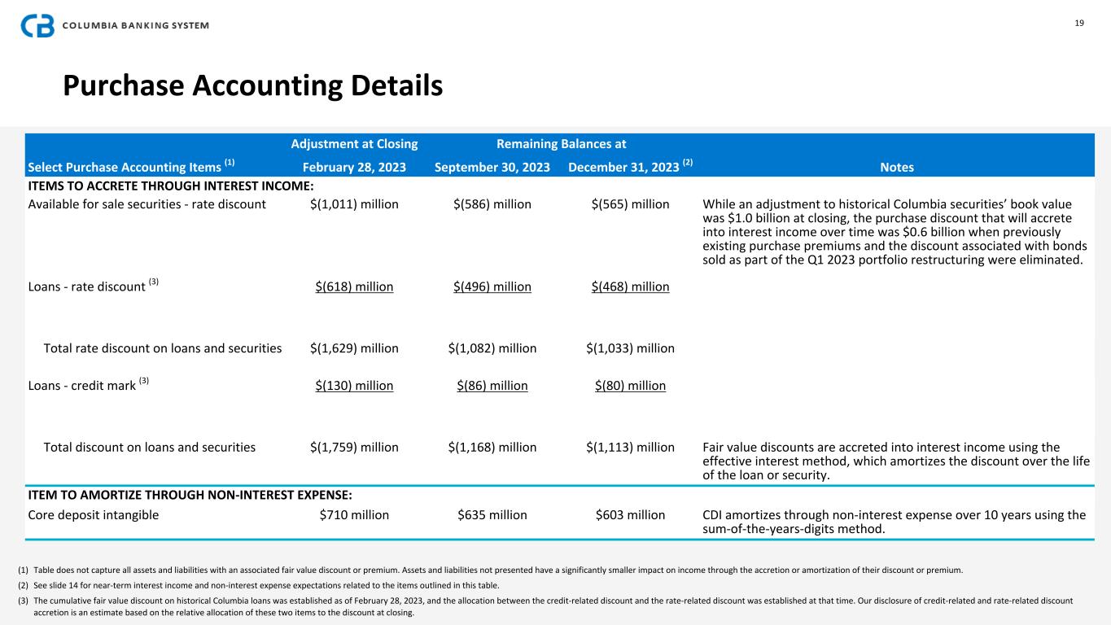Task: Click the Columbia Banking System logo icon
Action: [37, 25]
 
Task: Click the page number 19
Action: [1079, 23]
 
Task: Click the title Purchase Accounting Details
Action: [252, 85]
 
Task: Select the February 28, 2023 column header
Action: [354, 167]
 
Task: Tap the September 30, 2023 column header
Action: [492, 167]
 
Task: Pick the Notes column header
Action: [897, 167]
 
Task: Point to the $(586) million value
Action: [492, 204]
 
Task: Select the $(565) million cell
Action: [631, 204]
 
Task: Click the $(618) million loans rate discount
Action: [354, 286]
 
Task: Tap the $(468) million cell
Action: [631, 286]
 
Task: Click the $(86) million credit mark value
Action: [492, 385]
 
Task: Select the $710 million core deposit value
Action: [354, 514]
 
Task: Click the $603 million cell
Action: [631, 514]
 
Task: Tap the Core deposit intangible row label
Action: [94, 514]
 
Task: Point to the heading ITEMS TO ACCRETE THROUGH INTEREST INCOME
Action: [171, 186]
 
